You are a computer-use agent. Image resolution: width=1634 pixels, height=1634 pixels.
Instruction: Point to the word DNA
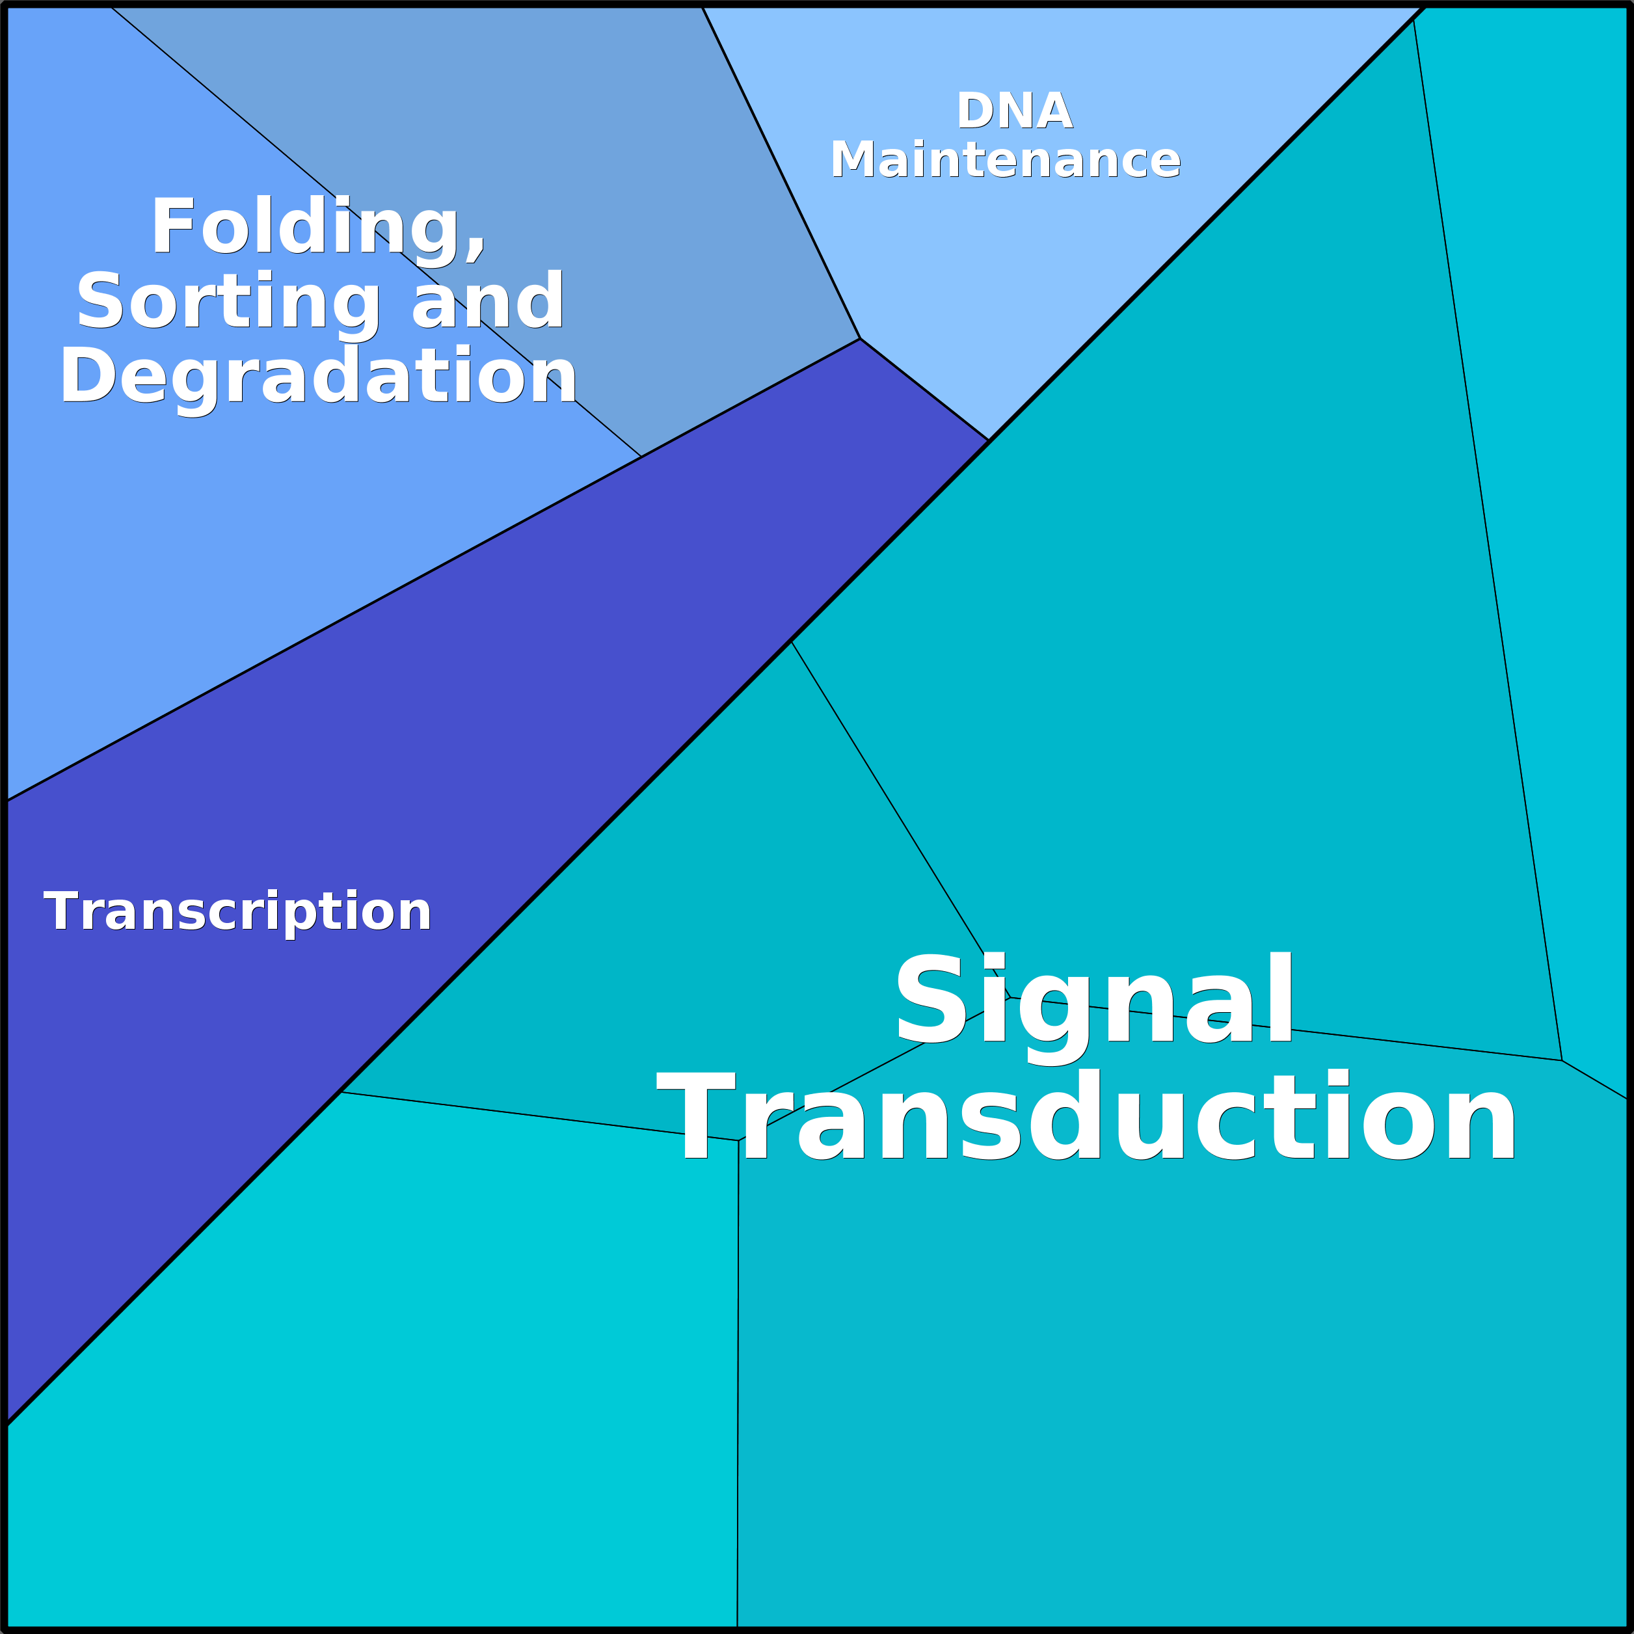(1014, 111)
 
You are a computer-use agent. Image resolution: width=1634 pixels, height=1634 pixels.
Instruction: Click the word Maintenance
(1005, 160)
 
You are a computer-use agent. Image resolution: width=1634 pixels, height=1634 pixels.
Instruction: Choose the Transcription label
(237, 912)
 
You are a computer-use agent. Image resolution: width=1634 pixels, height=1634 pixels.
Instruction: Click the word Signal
(1093, 1000)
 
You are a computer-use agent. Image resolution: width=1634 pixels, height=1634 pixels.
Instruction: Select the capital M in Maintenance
(853, 160)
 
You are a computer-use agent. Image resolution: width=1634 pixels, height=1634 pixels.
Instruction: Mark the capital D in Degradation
(87, 375)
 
